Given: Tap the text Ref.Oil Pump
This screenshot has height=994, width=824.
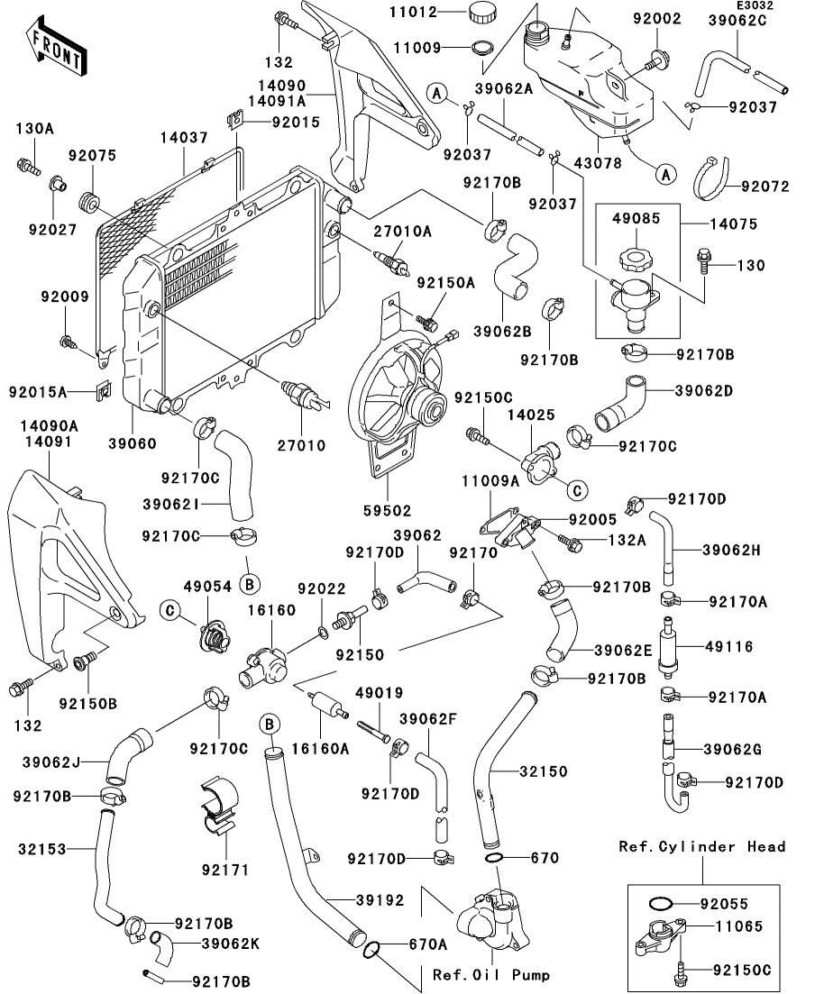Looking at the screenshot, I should (491, 974).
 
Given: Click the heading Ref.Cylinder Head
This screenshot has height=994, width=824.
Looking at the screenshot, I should (701, 846).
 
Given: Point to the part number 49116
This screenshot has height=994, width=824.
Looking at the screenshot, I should (728, 647).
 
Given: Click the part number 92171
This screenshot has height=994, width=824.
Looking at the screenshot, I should (224, 871).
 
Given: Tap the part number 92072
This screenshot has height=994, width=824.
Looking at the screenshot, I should (764, 187).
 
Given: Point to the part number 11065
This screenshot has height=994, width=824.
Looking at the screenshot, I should (737, 926).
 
